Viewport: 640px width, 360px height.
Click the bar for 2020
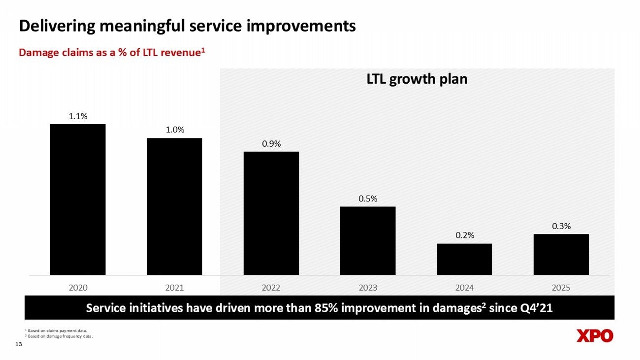point(78,199)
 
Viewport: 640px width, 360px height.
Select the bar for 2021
point(174,206)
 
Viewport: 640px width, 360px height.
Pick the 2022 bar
point(271,213)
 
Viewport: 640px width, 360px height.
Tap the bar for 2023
point(368,241)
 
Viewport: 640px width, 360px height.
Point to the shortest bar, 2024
point(464,259)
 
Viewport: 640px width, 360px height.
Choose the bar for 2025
point(561,254)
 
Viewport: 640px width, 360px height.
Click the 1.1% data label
point(78,116)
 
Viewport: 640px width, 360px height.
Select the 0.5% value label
point(368,198)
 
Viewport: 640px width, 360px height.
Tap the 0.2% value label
point(464,235)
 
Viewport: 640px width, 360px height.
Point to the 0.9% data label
point(271,144)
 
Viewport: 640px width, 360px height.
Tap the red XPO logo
point(594,336)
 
